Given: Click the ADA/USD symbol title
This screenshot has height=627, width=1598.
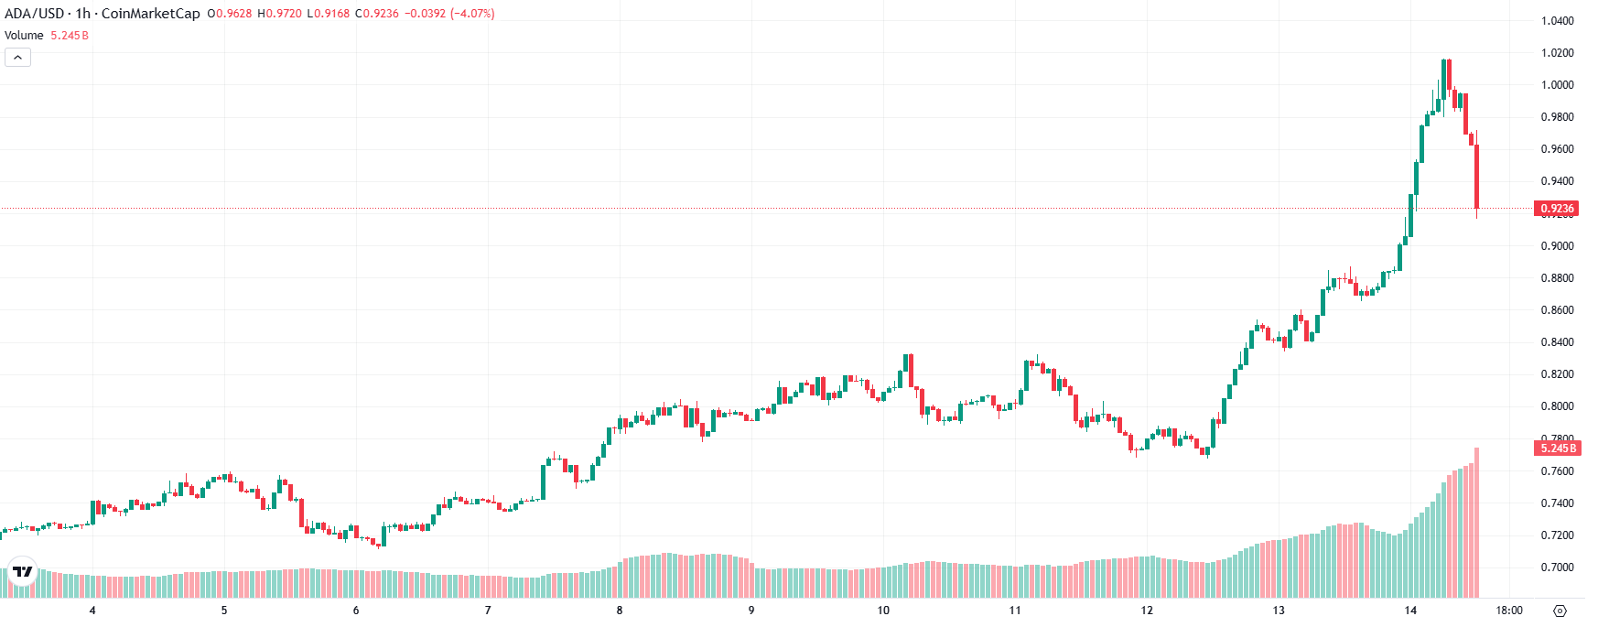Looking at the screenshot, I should pyautogui.click(x=34, y=14).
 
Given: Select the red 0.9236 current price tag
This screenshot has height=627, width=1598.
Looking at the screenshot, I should pyautogui.click(x=1556, y=209).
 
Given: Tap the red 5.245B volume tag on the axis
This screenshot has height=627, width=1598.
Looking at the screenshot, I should pyautogui.click(x=1556, y=449).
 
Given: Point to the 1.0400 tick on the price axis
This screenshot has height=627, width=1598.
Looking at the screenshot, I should pyautogui.click(x=1557, y=21).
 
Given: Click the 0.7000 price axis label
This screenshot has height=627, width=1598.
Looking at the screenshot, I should pyautogui.click(x=1557, y=568).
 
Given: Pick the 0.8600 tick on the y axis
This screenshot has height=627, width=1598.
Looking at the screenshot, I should pyautogui.click(x=1557, y=310).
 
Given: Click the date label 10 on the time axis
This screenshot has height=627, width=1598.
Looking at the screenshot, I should pyautogui.click(x=883, y=611).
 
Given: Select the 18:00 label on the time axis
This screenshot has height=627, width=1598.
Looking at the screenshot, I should pyautogui.click(x=1509, y=611).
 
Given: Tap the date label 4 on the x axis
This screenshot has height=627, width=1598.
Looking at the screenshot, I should pyautogui.click(x=92, y=611).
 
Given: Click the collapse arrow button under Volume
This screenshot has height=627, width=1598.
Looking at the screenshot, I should pyautogui.click(x=17, y=58).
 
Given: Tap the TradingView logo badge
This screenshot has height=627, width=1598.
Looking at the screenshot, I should pyautogui.click(x=22, y=571).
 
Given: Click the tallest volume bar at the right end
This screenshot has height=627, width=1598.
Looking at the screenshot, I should pyautogui.click(x=1476, y=522).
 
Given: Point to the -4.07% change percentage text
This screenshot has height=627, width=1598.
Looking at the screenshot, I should pyautogui.click(x=472, y=14).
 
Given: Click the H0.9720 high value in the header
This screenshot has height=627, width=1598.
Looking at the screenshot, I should pyautogui.click(x=279, y=14).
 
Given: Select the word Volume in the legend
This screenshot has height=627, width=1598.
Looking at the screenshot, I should pyautogui.click(x=24, y=36).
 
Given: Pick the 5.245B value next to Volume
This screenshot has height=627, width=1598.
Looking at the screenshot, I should pyautogui.click(x=70, y=36).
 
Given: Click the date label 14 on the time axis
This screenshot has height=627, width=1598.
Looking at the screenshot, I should pyautogui.click(x=1410, y=611).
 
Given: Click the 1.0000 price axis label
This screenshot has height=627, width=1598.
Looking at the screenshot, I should pyautogui.click(x=1557, y=85).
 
